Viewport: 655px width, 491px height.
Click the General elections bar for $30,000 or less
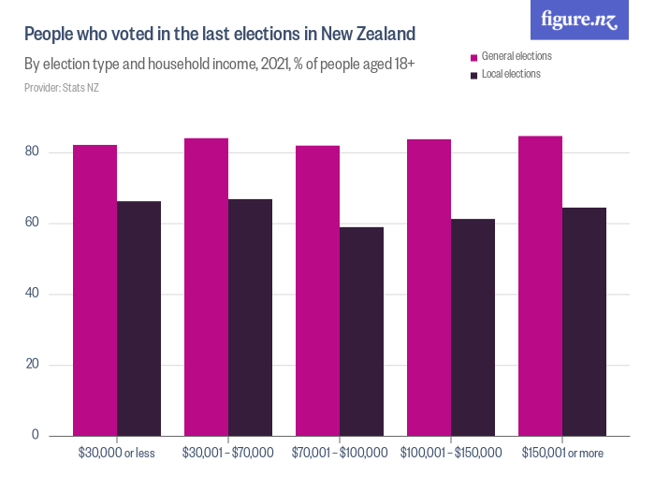pos(95,290)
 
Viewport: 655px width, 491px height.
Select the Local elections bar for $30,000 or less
pos(138,318)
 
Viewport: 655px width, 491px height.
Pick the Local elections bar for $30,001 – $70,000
pos(250,317)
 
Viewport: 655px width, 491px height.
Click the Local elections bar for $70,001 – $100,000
pos(361,331)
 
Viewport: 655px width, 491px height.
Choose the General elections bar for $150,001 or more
pos(540,285)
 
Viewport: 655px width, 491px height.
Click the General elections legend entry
pos(516,56)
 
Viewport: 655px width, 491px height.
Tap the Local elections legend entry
pos(510,74)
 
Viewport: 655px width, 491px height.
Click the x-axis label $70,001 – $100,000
pos(340,453)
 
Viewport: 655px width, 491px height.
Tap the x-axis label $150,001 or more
pos(561,453)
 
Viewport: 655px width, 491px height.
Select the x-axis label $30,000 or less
pos(117,453)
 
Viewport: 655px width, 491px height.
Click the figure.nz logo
pos(580,21)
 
